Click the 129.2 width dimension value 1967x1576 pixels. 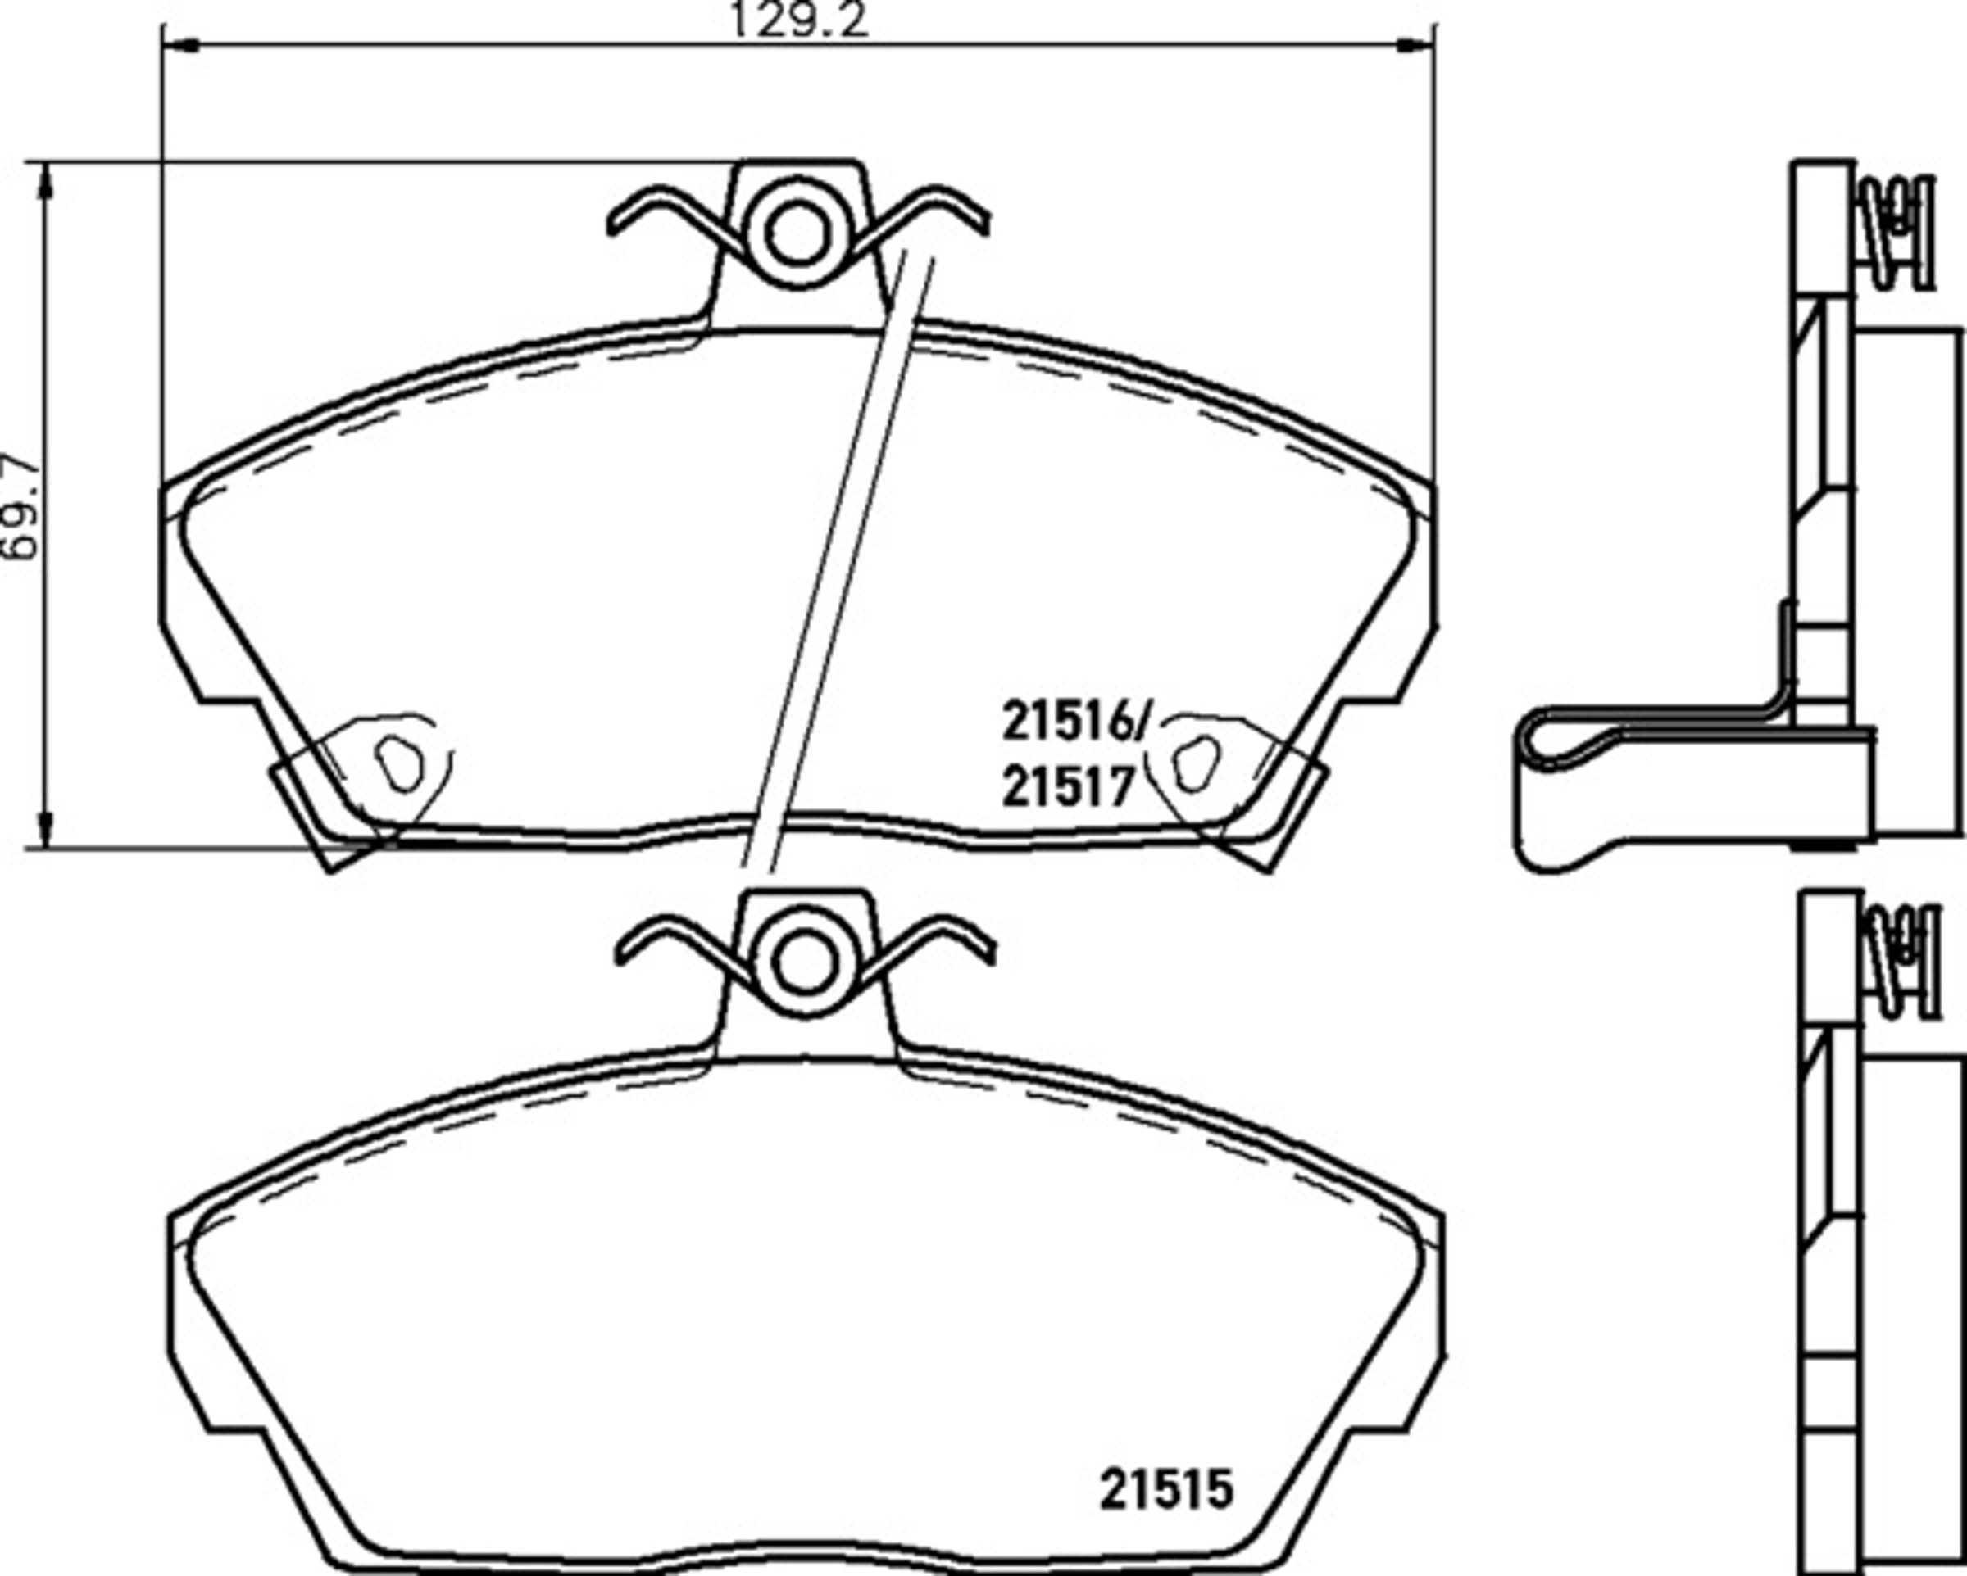tap(799, 19)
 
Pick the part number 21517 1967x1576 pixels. tap(1067, 786)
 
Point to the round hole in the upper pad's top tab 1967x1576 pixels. tap(799, 235)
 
